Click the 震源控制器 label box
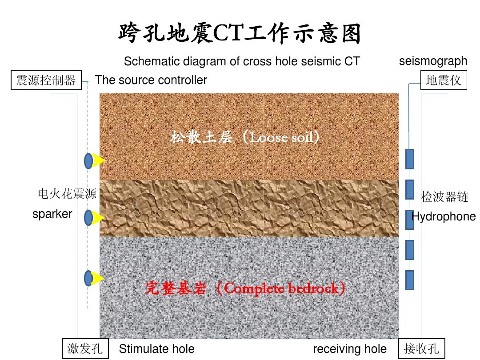(x=46, y=81)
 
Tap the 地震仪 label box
(x=444, y=81)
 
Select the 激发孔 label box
(x=84, y=349)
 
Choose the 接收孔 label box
(x=421, y=349)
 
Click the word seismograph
(x=433, y=61)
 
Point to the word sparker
(x=52, y=214)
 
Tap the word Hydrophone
(x=444, y=217)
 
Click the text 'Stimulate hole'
(x=156, y=349)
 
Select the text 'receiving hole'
(x=350, y=349)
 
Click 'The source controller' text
(x=151, y=80)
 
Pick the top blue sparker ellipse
(x=88, y=160)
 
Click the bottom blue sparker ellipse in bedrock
(x=88, y=278)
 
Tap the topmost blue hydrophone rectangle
(x=410, y=159)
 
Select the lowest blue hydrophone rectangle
(x=410, y=280)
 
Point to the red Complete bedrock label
(x=246, y=289)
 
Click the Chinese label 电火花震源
(x=67, y=194)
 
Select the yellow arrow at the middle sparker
(x=99, y=218)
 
